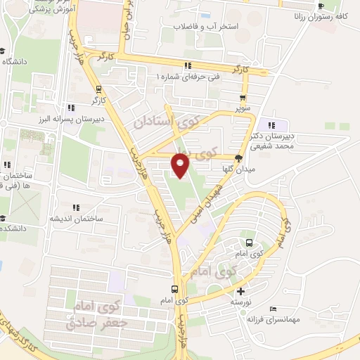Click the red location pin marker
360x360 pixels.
[x=180, y=166]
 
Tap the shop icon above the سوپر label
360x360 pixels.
[x=243, y=98]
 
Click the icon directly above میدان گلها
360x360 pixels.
[x=239, y=158]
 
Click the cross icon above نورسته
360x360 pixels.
[x=241, y=291]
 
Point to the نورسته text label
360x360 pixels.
[x=242, y=301]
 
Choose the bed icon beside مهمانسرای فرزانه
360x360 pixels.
[x=274, y=309]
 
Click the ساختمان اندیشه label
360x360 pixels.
[x=76, y=218]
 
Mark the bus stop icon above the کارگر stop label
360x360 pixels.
[x=99, y=89]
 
